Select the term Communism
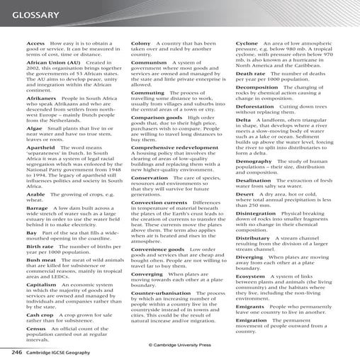(x=150, y=62)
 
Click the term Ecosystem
(x=254, y=276)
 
